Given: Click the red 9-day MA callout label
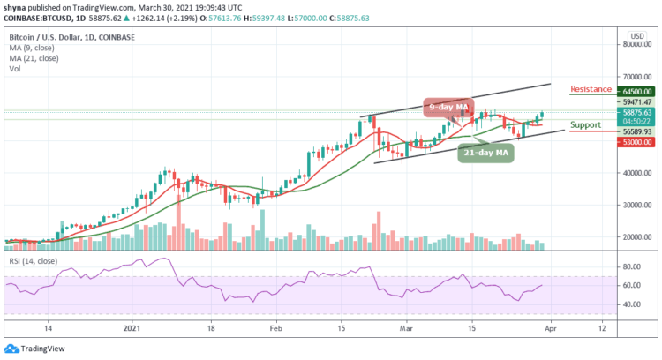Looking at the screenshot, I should point(448,107).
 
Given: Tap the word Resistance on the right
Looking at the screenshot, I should point(592,89).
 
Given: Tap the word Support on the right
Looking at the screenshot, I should point(588,125).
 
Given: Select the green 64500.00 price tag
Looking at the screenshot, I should point(635,91).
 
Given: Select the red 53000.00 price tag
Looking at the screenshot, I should point(635,141).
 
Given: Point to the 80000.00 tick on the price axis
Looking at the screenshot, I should point(635,44).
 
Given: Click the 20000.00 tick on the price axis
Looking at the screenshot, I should point(635,236).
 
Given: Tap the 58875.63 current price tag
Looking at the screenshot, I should point(635,113).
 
